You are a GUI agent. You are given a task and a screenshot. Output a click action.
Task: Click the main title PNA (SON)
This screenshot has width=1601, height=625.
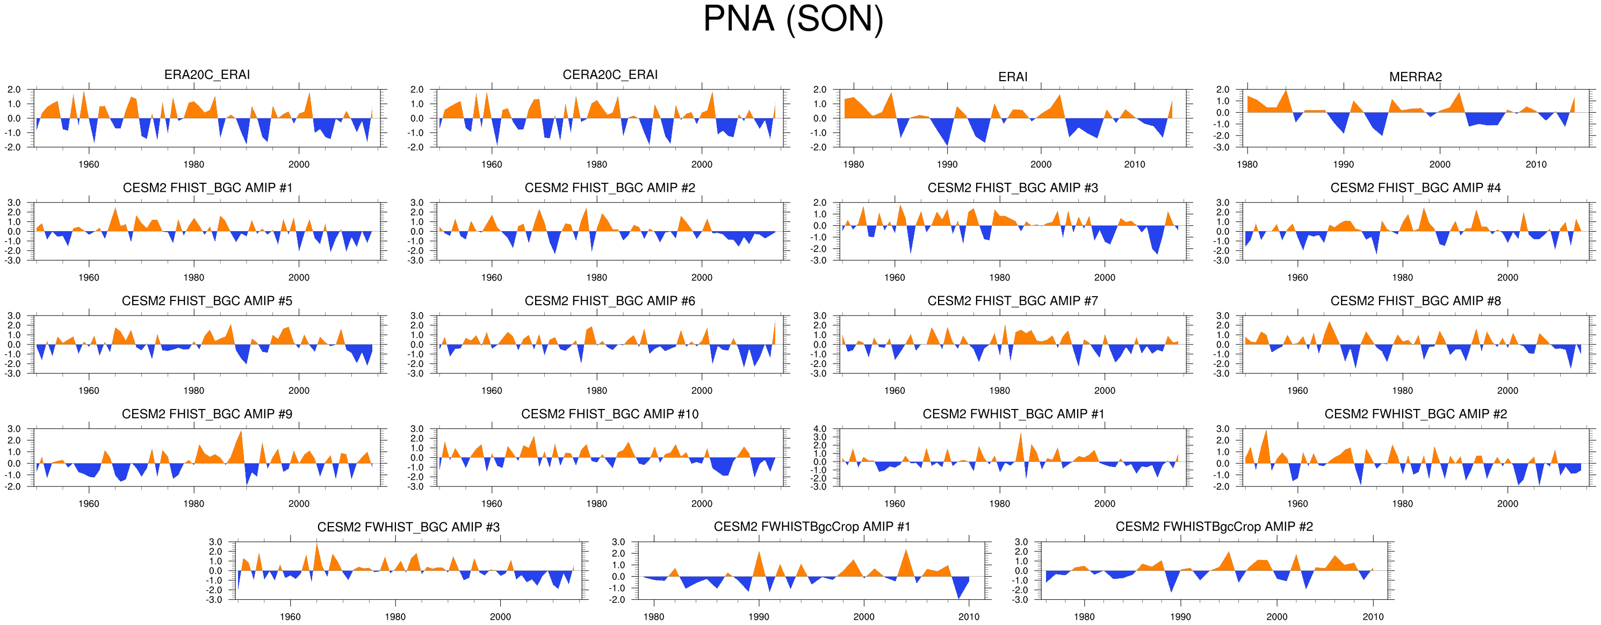click(793, 19)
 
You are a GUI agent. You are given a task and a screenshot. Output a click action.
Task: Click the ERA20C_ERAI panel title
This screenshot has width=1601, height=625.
click(207, 75)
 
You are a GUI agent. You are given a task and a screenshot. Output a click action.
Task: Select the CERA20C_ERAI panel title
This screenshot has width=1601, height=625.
click(610, 75)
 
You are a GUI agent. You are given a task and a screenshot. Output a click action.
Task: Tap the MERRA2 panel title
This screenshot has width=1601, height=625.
click(1415, 76)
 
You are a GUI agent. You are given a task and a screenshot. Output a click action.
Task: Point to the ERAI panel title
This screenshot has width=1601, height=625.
click(1012, 76)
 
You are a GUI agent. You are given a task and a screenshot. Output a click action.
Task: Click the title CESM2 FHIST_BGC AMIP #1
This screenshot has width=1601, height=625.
click(207, 188)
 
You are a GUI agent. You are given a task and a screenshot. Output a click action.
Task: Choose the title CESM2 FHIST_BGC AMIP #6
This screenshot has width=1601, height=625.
click(610, 301)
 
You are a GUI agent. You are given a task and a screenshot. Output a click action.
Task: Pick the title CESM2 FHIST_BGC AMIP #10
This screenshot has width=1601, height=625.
click(610, 414)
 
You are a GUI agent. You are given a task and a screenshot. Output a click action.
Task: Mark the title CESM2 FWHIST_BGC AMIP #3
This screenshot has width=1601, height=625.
click(408, 527)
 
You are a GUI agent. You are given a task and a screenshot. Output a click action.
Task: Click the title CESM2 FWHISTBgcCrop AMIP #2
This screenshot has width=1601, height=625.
click(1214, 527)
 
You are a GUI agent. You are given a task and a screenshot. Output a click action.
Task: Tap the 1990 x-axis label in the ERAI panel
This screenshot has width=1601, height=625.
click(947, 165)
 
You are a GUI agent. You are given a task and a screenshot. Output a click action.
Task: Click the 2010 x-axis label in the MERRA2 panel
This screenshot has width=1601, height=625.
click(1536, 165)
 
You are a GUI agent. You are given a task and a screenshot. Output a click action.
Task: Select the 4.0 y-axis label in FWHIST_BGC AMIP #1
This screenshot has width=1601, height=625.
click(820, 429)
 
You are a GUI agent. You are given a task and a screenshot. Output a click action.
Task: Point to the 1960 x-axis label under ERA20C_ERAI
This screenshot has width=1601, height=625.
click(89, 165)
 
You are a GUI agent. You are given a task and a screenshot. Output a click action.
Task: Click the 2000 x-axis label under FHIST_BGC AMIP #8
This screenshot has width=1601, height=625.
click(1507, 391)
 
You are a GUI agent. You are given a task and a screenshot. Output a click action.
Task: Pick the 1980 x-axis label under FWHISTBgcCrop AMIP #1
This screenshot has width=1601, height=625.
click(654, 617)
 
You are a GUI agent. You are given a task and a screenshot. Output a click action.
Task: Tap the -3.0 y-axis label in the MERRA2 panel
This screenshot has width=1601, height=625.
click(1222, 147)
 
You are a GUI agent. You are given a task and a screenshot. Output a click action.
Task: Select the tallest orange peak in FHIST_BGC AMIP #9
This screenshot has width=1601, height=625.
click(241, 432)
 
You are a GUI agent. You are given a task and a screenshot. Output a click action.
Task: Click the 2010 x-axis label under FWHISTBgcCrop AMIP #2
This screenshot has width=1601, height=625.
click(1373, 617)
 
